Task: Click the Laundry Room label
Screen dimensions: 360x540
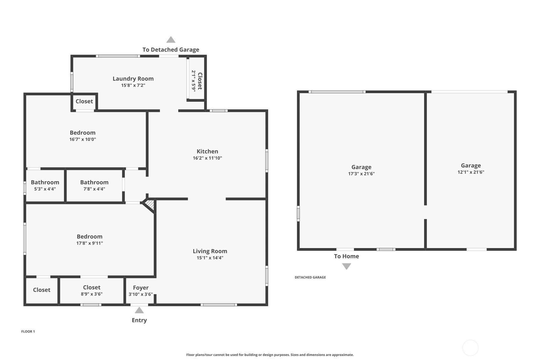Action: (133, 79)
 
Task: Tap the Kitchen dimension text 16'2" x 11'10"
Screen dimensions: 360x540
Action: (207, 158)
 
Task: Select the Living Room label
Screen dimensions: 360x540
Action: (210, 251)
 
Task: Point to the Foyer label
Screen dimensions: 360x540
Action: (141, 287)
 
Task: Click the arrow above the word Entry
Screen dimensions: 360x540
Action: (139, 310)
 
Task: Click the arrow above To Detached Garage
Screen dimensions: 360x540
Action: (171, 40)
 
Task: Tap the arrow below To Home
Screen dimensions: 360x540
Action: (346, 266)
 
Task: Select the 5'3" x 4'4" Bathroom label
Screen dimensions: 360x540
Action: (45, 182)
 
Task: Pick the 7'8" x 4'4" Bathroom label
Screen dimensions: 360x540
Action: (94, 182)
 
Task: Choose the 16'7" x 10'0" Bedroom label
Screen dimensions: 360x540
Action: (82, 133)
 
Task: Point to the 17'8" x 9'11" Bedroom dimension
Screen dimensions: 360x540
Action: (89, 243)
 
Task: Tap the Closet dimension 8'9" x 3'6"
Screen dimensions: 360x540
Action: (92, 294)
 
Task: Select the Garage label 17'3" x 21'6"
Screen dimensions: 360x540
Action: (361, 167)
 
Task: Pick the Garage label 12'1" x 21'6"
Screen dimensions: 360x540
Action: (471, 166)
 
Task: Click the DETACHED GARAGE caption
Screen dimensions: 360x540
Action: (310, 277)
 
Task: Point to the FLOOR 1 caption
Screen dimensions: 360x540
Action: (28, 331)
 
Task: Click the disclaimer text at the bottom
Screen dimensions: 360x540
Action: (270, 355)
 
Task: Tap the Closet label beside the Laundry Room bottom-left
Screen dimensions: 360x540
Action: (84, 101)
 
